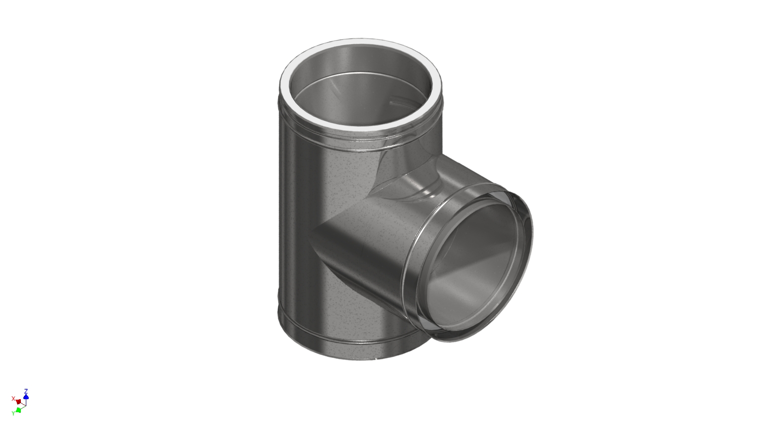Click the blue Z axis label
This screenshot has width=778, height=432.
(26, 391)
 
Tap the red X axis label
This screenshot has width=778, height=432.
(13, 398)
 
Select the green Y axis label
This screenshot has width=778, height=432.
(13, 413)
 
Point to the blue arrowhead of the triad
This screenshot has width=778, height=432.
(26, 396)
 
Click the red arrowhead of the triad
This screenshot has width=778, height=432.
(18, 401)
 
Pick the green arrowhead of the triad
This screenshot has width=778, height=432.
(18, 410)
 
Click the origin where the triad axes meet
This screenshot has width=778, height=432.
(25, 405)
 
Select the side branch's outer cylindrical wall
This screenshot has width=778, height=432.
(367, 238)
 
